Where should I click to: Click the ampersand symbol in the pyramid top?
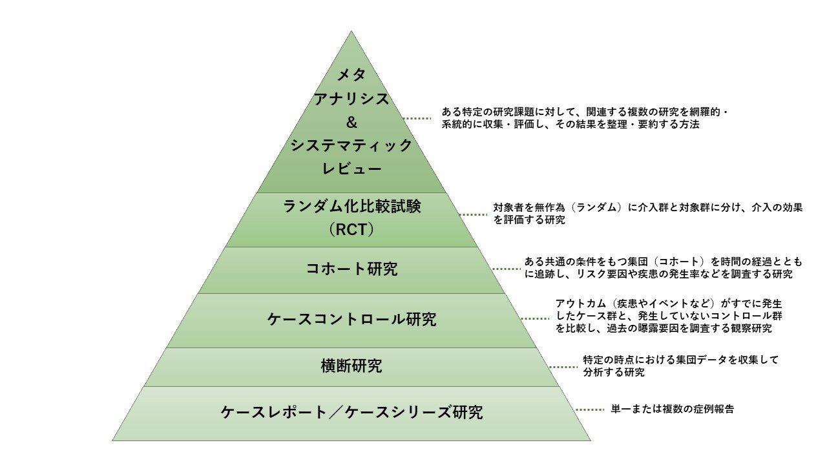click(x=351, y=122)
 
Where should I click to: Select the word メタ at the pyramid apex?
click(x=351, y=75)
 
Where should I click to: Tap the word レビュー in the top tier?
click(x=351, y=169)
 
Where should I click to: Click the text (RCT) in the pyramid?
click(x=351, y=229)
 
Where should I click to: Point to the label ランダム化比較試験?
click(x=351, y=207)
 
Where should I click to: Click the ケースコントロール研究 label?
click(x=351, y=319)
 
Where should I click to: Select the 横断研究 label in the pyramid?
click(x=351, y=366)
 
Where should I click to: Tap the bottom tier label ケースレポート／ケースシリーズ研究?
click(x=351, y=412)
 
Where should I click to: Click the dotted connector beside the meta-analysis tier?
click(x=417, y=118)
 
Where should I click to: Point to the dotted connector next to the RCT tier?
click(x=473, y=214)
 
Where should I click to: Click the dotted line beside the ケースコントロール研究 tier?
click(x=534, y=318)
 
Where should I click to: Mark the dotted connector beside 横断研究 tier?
click(x=563, y=367)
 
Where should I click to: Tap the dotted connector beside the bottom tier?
click(x=589, y=409)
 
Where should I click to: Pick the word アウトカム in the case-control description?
click(x=579, y=304)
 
